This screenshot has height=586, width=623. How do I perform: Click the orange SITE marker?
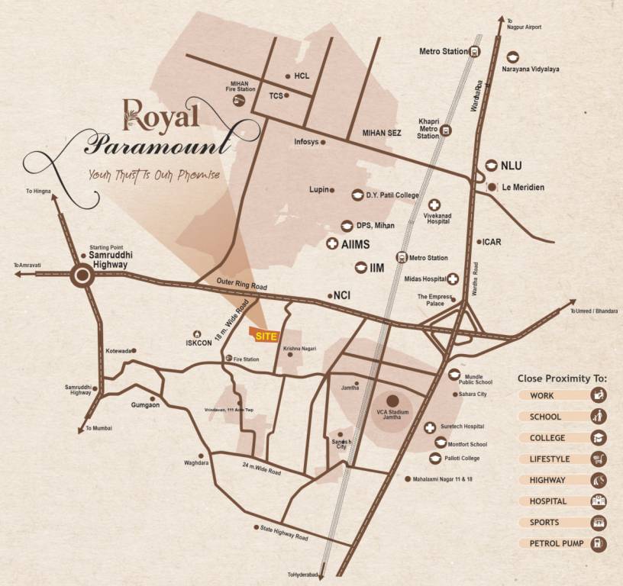[x=264, y=336]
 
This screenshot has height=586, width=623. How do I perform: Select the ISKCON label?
[x=198, y=343]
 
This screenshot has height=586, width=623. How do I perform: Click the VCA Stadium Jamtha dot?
[x=393, y=400]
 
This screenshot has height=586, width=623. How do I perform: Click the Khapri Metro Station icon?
[x=447, y=130]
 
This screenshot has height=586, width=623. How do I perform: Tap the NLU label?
[x=511, y=166]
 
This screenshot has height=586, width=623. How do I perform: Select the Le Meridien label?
[x=523, y=187]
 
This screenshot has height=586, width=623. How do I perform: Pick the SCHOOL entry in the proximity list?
[x=545, y=417]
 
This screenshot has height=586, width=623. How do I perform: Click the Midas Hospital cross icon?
[x=453, y=280]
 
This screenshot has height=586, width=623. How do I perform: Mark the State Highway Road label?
[x=284, y=533]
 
